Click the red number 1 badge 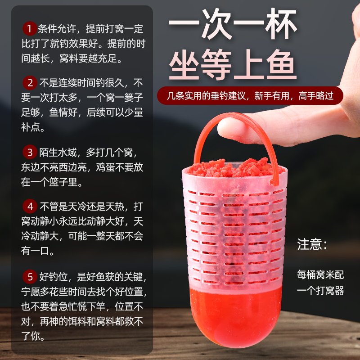coord(30,30)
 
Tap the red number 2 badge coord(30,83)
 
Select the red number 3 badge coord(30,152)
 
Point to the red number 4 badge coord(30,207)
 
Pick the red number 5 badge coord(30,275)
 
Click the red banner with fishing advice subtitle coord(250,95)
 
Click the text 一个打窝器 coord(320,290)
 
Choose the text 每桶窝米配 coord(320,274)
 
